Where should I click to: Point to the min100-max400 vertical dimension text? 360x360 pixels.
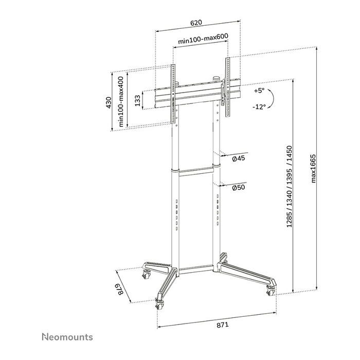tap(121, 102)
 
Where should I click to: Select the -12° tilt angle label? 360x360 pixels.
tap(259, 107)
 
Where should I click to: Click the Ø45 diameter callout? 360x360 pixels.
tap(238, 159)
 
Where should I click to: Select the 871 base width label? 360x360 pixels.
tap(222, 325)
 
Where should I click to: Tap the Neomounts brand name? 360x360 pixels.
tap(67, 337)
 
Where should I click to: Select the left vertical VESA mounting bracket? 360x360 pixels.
tap(173, 94)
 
